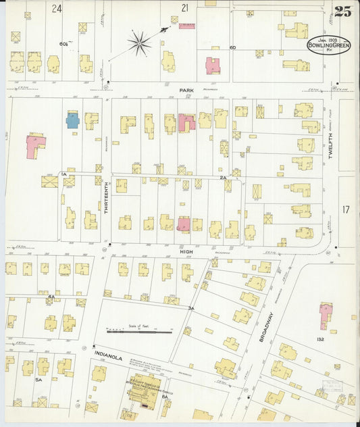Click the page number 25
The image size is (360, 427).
pyautogui.click(x=342, y=11)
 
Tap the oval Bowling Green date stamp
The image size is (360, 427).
pyautogui.click(x=329, y=44)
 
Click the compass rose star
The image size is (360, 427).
pyautogui.click(x=140, y=44)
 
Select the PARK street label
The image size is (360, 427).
pyautogui.click(x=186, y=89)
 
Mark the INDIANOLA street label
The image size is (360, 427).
pyautogui.click(x=107, y=357)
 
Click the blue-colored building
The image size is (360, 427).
pyautogui.click(x=73, y=120)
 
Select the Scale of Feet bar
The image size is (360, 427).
pyautogui.click(x=139, y=331)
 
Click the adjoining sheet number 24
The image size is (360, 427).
pyautogui.click(x=57, y=8)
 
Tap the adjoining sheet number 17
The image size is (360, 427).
pyautogui.click(x=346, y=210)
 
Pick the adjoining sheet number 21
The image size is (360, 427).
pyautogui.click(x=184, y=7)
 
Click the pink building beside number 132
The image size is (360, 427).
pyautogui.click(x=326, y=315)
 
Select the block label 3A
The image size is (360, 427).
pyautogui.click(x=191, y=308)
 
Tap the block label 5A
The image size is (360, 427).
pyautogui.click(x=39, y=380)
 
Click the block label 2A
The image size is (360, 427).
pyautogui.click(x=223, y=177)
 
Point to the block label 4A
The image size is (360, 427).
pyautogui.click(x=51, y=297)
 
